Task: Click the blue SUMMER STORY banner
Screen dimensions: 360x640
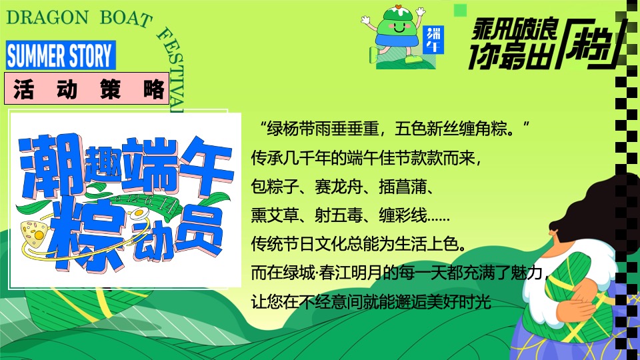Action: [x=60, y=55]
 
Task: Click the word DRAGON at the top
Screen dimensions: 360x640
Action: [x=47, y=17]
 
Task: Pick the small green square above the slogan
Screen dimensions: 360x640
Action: [x=459, y=9]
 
